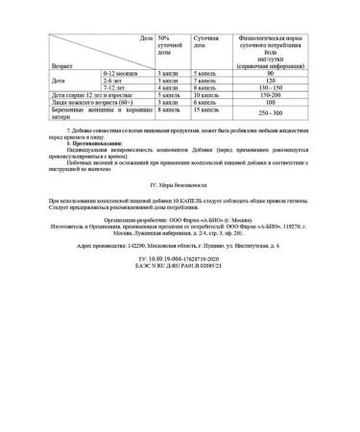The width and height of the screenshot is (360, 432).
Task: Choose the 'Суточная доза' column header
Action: tap(209, 45)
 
